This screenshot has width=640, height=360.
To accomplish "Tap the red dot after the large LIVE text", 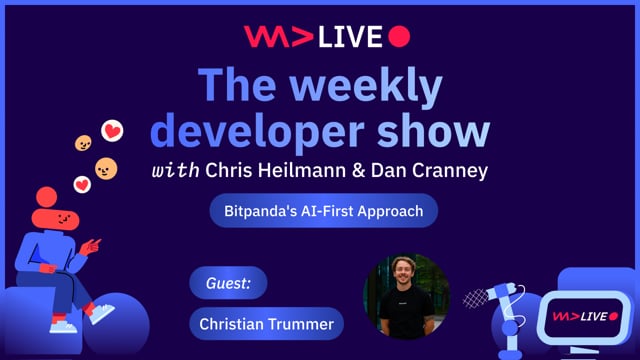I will [x=398, y=37].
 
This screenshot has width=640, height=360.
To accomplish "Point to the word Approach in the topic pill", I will [x=391, y=211].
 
